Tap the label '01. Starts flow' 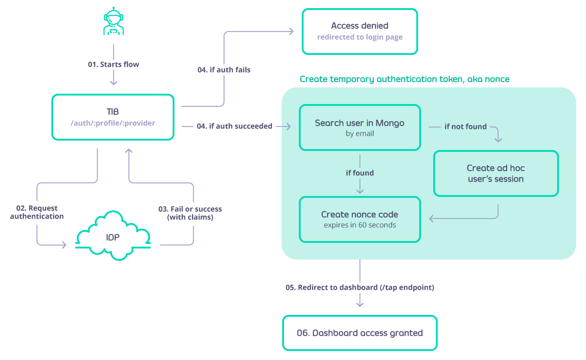[x=113, y=64]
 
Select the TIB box [x=113, y=117]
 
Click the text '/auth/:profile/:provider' [x=113, y=123]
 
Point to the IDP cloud [x=113, y=237]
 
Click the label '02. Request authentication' [x=37, y=212]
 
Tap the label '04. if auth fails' [x=224, y=70]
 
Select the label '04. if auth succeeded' [x=234, y=126]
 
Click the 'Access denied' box [x=359, y=32]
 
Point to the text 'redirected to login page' [x=359, y=37]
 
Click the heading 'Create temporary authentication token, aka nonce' [x=404, y=79]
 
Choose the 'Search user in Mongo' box [x=359, y=127]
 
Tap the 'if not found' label [x=465, y=127]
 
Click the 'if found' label [x=359, y=173]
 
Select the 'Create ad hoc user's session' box [x=495, y=173]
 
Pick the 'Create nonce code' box [x=359, y=219]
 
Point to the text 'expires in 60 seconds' [x=359, y=225]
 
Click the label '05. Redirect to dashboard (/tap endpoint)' [x=359, y=287]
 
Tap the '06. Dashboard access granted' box [x=359, y=333]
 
